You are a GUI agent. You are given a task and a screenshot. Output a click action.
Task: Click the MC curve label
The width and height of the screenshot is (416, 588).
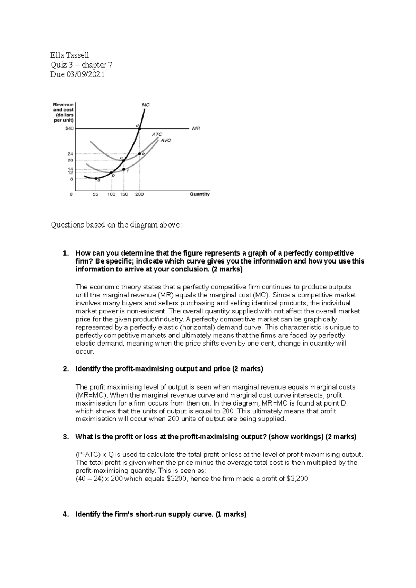point(146,104)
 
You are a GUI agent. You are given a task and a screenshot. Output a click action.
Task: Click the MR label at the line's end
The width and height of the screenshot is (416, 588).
point(196,128)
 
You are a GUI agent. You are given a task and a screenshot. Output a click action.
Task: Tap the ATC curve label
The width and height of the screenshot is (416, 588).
point(157,134)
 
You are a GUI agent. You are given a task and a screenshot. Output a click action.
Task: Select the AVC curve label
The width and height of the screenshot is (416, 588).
point(165,141)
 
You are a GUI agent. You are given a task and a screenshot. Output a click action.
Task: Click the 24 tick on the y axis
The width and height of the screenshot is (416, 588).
point(70,153)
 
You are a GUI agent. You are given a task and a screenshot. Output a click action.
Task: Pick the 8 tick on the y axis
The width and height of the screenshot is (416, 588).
point(71,179)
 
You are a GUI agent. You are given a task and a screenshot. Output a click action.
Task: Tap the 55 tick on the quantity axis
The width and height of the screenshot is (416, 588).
point(95,194)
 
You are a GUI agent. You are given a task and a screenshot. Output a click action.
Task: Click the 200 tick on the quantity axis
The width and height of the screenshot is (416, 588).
point(139,194)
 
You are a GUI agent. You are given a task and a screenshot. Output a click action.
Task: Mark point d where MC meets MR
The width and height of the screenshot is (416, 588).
point(139,128)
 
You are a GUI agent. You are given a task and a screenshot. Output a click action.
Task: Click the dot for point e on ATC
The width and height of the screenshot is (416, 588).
point(139,154)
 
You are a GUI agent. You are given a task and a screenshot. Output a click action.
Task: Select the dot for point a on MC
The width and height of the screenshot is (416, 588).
point(96,178)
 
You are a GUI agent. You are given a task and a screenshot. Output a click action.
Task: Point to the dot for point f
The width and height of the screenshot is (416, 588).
point(124,169)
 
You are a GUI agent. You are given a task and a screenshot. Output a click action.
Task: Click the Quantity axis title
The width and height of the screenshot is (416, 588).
point(200,194)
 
